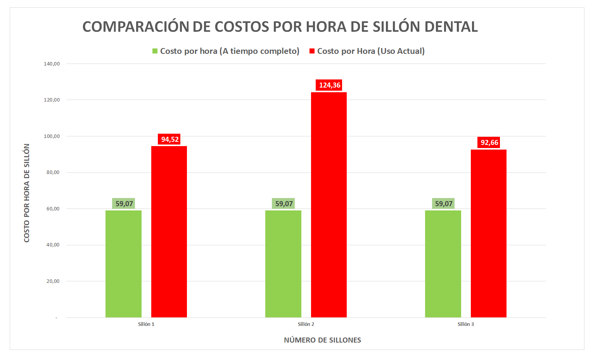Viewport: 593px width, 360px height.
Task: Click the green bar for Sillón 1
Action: click(123, 264)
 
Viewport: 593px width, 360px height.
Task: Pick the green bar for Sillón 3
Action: click(443, 264)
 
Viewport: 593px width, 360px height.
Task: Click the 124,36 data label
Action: click(329, 85)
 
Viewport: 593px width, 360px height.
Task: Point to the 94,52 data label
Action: click(169, 140)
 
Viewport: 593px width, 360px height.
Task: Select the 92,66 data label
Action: click(489, 143)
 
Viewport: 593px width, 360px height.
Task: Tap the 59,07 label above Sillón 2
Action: click(284, 204)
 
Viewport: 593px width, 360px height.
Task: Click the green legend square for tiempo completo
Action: click(155, 51)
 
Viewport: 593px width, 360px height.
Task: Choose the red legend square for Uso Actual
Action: click(312, 51)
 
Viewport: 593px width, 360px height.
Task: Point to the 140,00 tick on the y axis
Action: click(52, 64)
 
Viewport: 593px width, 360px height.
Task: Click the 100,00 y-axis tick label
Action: click(52, 136)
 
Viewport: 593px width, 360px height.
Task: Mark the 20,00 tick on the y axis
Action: click(53, 281)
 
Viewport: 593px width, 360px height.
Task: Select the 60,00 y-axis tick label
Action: click(53, 209)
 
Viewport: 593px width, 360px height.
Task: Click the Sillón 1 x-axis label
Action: click(146, 324)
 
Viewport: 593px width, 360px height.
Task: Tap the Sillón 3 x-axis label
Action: click(465, 324)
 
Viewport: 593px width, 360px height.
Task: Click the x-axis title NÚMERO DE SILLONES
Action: click(322, 340)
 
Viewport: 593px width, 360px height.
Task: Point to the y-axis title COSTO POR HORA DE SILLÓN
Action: click(27, 193)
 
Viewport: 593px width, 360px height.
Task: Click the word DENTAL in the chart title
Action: click(451, 27)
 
